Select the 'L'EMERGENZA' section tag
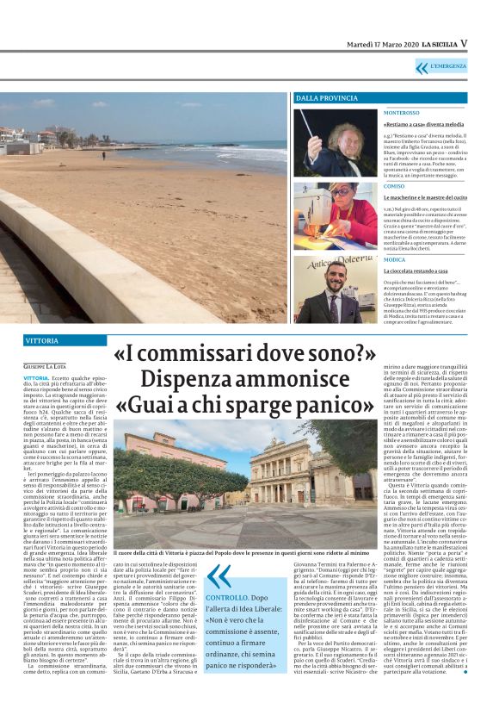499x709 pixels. (x=448, y=66)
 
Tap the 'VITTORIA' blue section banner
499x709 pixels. (x=42, y=341)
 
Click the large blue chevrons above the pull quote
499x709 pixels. (x=219, y=575)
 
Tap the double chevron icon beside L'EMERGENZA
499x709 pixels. (x=422, y=67)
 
